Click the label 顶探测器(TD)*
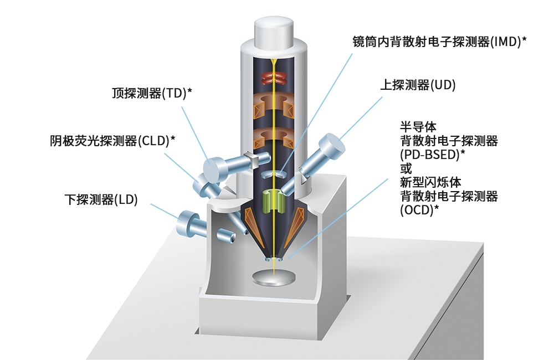click(x=152, y=93)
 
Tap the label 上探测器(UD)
click(x=418, y=85)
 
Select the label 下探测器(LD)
click(x=101, y=199)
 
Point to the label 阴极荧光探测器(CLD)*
click(x=112, y=141)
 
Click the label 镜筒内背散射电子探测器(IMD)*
click(x=439, y=42)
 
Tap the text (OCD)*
click(x=419, y=209)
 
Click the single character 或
click(x=406, y=168)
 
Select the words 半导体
click(x=418, y=127)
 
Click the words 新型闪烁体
click(x=430, y=182)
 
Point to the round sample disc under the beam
click(x=274, y=277)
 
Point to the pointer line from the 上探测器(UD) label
click(x=360, y=119)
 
